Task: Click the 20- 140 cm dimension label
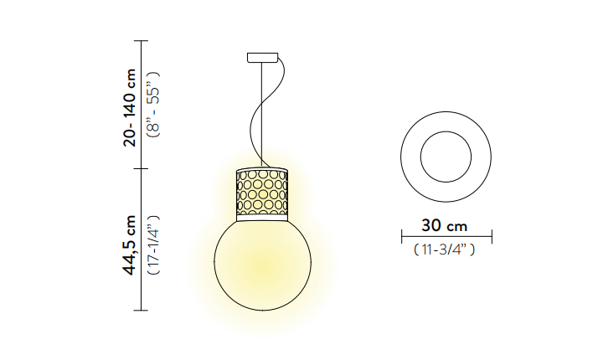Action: (130, 107)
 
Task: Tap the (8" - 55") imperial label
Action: (154, 105)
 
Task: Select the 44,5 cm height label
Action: (130, 244)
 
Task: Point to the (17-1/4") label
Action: (154, 244)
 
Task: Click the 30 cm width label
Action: (444, 226)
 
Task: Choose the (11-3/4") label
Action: (444, 249)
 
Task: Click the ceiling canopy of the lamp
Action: (262, 58)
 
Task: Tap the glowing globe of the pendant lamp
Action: (262, 265)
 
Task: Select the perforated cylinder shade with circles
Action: (262, 193)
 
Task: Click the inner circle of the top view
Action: (446, 131)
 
